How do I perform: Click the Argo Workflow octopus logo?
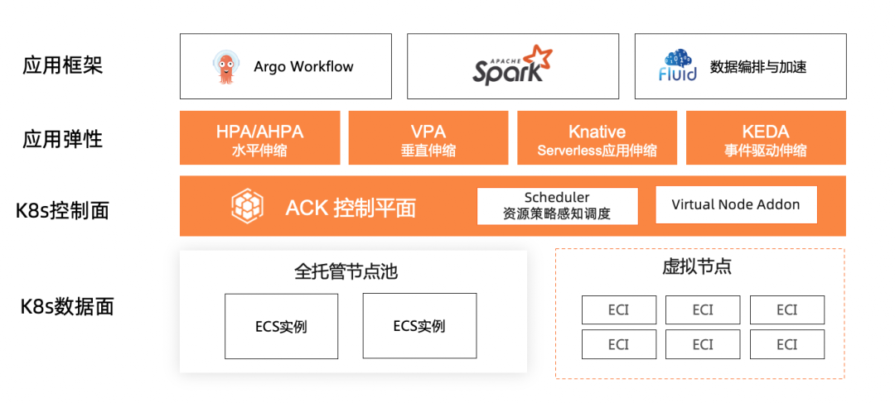pos(225,67)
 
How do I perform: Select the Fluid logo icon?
pos(678,66)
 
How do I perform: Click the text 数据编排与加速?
pos(758,67)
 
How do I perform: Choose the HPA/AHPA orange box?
pos(259,139)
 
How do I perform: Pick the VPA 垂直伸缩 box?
pos(428,139)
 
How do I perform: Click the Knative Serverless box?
pos(597,139)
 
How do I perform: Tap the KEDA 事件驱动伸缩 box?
pos(766,139)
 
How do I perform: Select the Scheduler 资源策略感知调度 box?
pos(557,206)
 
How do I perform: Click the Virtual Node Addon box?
pos(736,205)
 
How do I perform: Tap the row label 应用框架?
pos(63,65)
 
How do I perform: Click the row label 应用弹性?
pos(63,138)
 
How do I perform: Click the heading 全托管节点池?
pos(352,271)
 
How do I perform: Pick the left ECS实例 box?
pos(281,326)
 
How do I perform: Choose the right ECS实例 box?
pos(419,326)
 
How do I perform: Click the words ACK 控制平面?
pos(351,207)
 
